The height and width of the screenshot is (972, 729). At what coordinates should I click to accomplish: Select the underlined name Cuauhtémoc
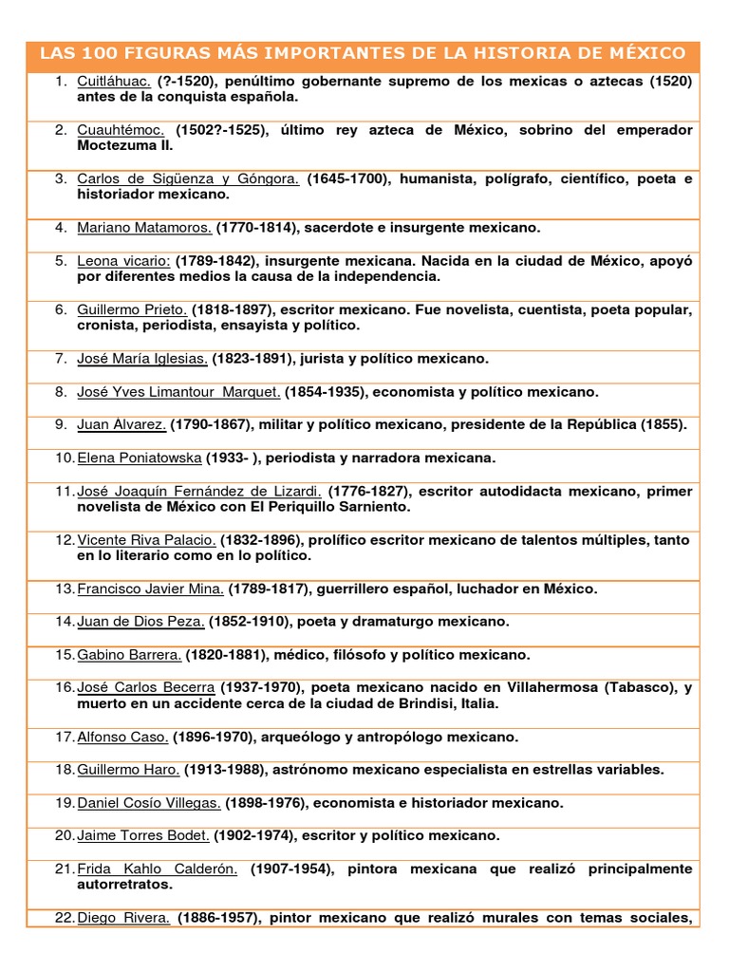[x=121, y=130]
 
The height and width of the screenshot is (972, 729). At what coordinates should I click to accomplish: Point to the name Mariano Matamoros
[x=144, y=228]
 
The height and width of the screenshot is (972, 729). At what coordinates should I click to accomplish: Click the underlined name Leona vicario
[x=123, y=261]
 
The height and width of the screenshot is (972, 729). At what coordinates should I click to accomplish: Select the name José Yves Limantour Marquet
[x=178, y=392]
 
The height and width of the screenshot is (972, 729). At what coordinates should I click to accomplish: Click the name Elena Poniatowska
[x=139, y=458]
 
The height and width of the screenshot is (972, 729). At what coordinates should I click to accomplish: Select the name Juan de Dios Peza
[x=140, y=622]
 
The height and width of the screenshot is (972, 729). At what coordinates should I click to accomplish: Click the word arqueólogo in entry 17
[x=306, y=737]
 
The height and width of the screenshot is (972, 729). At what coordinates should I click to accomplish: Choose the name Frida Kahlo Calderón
[x=157, y=869]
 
